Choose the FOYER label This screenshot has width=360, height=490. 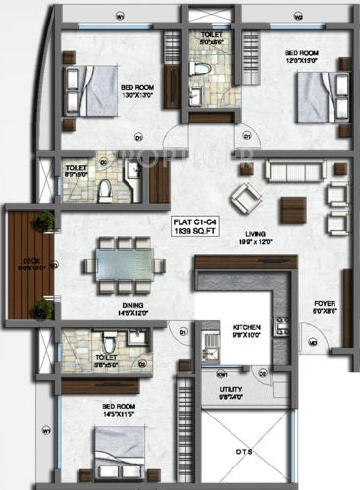click(x=326, y=304)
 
